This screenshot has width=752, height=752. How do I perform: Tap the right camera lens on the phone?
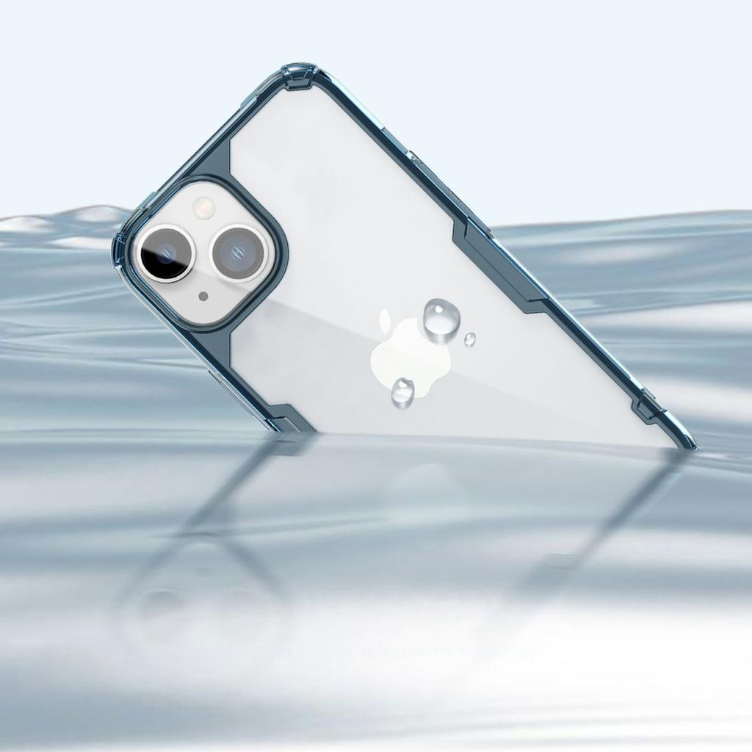click(x=238, y=251)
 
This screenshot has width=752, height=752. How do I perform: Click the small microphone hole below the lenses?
click(x=203, y=296)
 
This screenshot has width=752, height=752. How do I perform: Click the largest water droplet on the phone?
click(x=441, y=319)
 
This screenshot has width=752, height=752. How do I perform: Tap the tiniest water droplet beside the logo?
click(x=469, y=339)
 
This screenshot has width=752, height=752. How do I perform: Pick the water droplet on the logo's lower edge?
click(x=402, y=391)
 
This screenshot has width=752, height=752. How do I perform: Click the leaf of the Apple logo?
click(x=385, y=319)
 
